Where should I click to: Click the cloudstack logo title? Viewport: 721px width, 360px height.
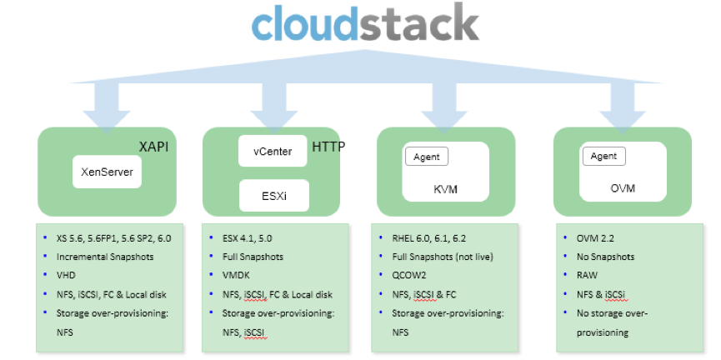point(365,25)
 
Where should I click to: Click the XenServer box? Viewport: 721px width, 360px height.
point(108,173)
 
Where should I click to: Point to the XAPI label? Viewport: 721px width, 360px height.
point(155,147)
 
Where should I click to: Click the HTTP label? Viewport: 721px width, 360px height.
point(328,147)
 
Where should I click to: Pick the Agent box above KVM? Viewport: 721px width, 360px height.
point(427,156)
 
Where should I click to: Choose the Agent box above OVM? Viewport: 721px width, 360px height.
point(603,156)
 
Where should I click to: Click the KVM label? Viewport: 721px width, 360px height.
point(446,189)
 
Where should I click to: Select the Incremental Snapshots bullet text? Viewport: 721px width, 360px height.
point(103,257)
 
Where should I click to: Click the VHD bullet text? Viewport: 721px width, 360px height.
point(66,275)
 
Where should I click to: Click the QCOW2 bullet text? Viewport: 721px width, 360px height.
point(410,275)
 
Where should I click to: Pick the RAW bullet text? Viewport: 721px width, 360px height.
point(585,275)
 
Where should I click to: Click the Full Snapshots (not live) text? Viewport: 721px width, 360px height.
point(444,257)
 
